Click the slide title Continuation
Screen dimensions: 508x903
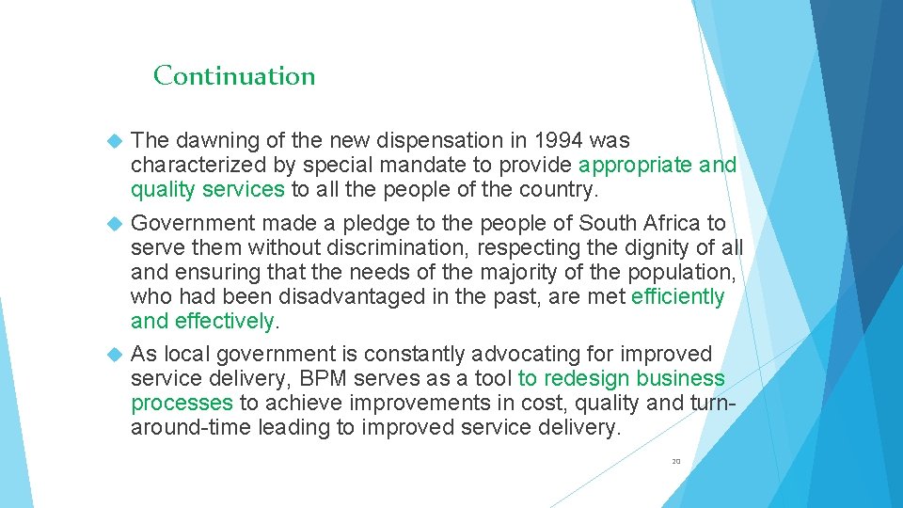pos(234,75)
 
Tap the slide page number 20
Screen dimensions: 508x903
pos(675,462)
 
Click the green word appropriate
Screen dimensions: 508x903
pos(638,166)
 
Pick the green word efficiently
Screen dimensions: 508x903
pos(678,297)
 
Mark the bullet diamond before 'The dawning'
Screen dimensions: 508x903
pos(115,141)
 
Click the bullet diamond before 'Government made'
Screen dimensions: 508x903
pos(115,224)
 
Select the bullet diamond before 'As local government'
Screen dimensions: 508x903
pos(115,355)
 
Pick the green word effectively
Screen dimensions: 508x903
pos(224,322)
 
